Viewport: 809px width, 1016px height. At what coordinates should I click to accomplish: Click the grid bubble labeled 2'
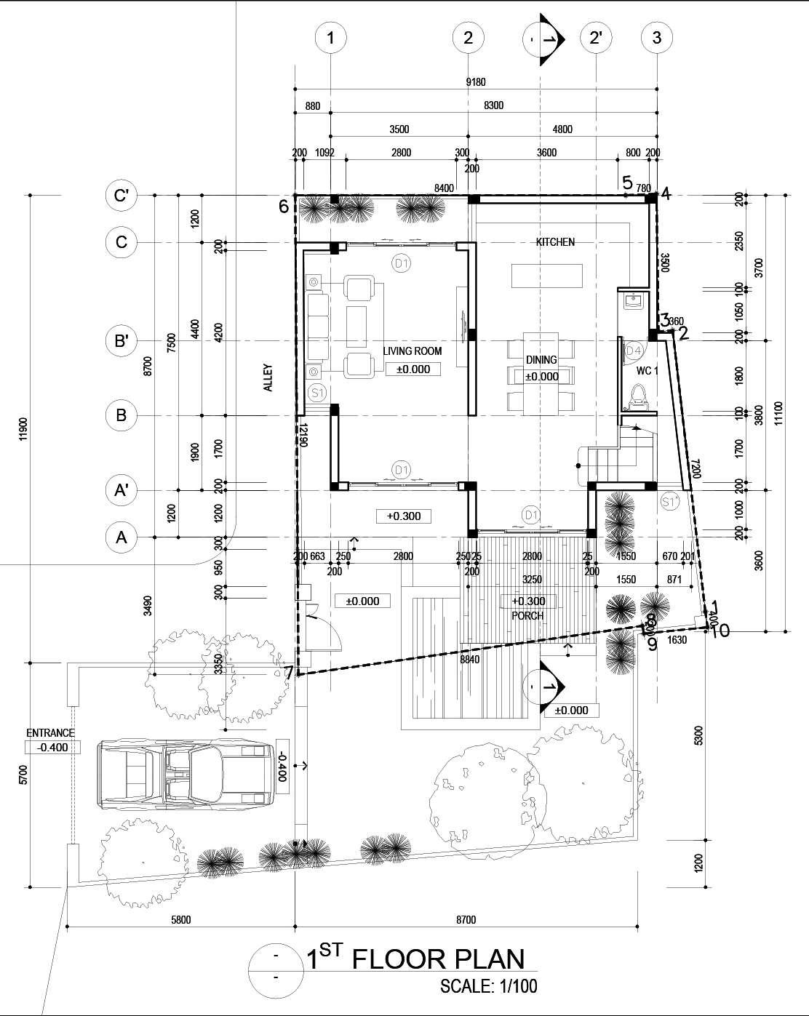[x=596, y=38]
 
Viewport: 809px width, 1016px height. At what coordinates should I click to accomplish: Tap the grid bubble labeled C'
[x=121, y=196]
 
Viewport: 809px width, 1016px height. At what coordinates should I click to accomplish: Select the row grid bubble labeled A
[x=121, y=537]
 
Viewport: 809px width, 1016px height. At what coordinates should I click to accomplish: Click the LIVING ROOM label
[x=413, y=351]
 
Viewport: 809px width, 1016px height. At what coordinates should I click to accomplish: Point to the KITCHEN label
[x=555, y=242]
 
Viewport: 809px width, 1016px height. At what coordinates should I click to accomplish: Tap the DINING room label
[x=541, y=360]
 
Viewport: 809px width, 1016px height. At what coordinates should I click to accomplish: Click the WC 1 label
[x=647, y=370]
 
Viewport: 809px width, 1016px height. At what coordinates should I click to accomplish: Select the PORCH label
[x=527, y=615]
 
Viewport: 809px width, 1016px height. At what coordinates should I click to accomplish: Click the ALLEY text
[x=268, y=378]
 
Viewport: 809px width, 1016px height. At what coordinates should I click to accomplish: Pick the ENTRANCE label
[x=50, y=733]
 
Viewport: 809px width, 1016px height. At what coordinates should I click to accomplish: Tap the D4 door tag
[x=634, y=351]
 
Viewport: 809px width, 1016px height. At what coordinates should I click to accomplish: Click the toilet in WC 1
[x=639, y=396]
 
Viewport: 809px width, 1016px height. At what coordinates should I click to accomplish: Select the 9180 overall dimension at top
[x=475, y=82]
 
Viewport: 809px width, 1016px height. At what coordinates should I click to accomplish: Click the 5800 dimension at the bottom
[x=180, y=920]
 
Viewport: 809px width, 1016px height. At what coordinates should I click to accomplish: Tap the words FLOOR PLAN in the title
[x=438, y=959]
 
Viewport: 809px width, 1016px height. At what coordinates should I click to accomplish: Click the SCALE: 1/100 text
[x=488, y=988]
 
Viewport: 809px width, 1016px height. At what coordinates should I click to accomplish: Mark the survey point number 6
[x=284, y=207]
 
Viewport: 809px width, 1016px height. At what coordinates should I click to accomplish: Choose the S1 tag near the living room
[x=316, y=393]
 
